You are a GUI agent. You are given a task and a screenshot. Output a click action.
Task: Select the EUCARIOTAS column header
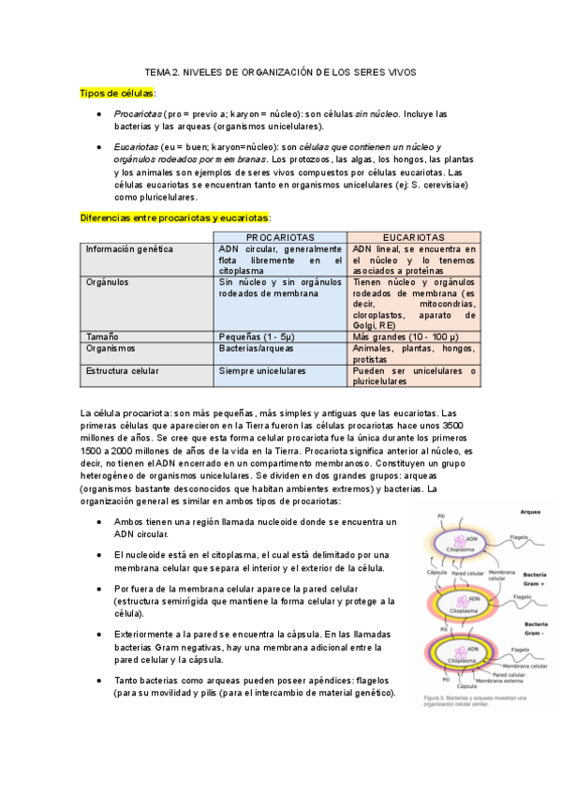413,237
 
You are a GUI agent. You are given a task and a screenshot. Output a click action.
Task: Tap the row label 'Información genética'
129,249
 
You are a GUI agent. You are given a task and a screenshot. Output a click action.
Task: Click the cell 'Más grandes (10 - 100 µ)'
406,336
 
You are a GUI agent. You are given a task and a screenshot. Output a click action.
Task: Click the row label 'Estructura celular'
124,371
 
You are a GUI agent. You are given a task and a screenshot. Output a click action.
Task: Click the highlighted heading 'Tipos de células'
117,93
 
